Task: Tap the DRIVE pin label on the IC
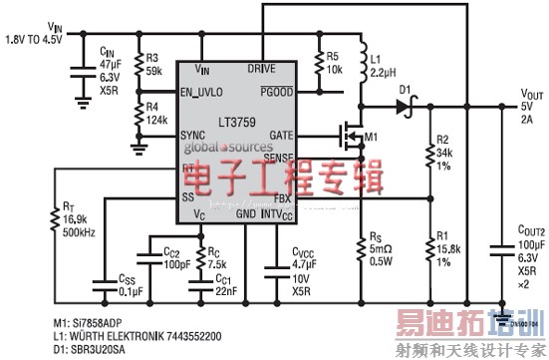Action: coord(263,69)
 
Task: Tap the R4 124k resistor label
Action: coord(153,112)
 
